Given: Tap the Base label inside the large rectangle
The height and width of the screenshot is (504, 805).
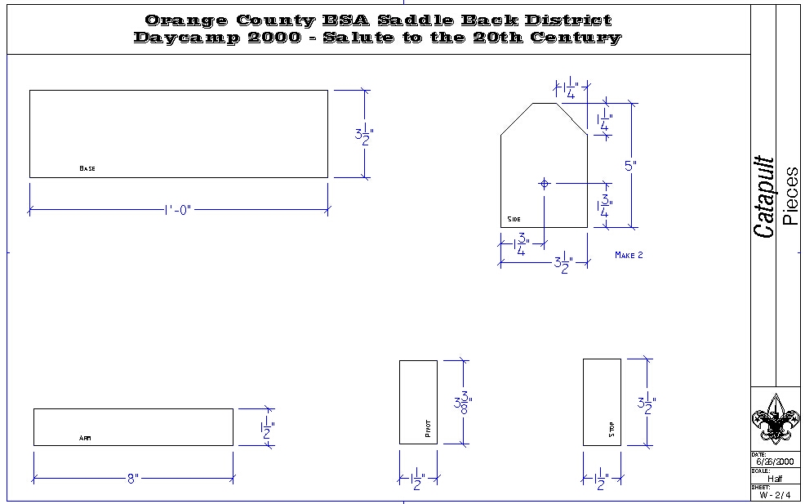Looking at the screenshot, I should click(87, 168).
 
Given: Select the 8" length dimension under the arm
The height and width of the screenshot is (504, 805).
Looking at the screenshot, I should click(133, 479).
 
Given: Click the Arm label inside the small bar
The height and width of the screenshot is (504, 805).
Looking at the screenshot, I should click(85, 439).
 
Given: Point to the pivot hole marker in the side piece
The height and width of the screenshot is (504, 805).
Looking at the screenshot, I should click(545, 183).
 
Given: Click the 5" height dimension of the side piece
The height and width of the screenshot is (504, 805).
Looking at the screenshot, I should click(630, 166).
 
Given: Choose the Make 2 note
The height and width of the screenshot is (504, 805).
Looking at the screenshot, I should click(629, 255).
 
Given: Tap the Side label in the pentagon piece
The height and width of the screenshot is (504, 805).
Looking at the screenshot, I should click(514, 219).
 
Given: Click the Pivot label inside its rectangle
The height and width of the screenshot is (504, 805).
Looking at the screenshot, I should click(428, 430).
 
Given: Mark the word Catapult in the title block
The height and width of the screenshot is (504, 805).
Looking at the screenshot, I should click(764, 197).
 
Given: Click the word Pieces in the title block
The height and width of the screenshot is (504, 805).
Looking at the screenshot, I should click(789, 196).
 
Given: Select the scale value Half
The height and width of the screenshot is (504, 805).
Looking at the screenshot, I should click(774, 479).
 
